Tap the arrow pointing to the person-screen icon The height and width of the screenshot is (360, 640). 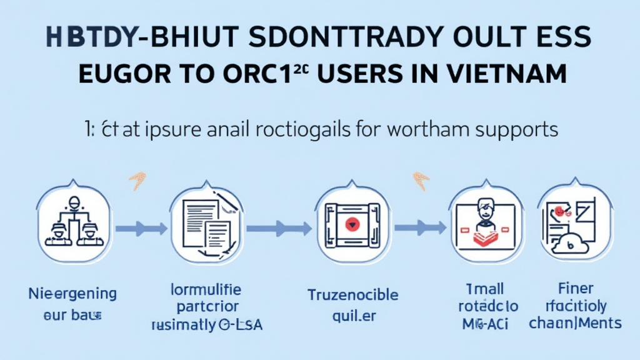pos(419,227)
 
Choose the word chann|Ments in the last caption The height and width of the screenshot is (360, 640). pos(575,323)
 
